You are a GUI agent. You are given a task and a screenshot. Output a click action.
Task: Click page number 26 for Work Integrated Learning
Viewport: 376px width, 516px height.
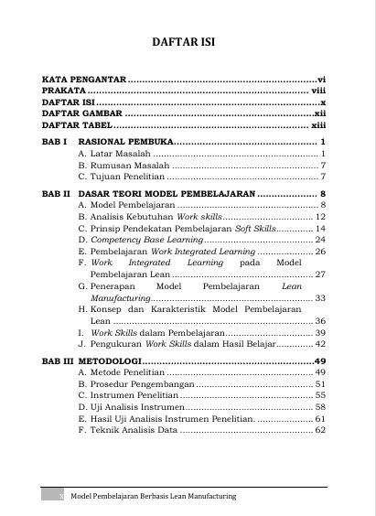pyautogui.click(x=321, y=250)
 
